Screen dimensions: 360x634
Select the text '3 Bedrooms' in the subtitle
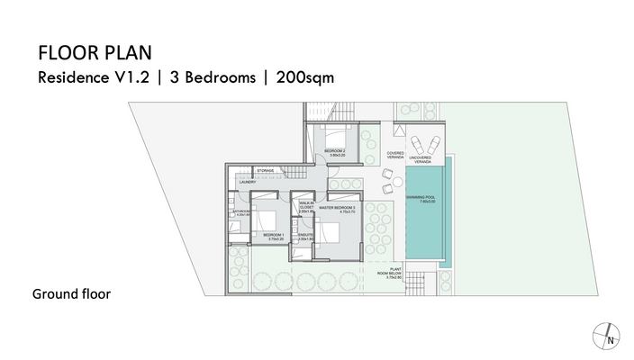(x=214, y=77)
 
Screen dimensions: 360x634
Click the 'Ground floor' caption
(x=71, y=294)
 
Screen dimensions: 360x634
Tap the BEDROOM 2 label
(x=337, y=151)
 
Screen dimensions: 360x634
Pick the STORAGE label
(x=265, y=170)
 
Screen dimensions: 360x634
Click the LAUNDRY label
(x=248, y=182)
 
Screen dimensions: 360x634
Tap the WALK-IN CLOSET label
(x=306, y=208)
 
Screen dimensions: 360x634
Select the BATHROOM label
(x=242, y=213)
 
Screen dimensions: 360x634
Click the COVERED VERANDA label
(x=396, y=154)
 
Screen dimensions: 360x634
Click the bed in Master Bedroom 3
(x=328, y=232)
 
